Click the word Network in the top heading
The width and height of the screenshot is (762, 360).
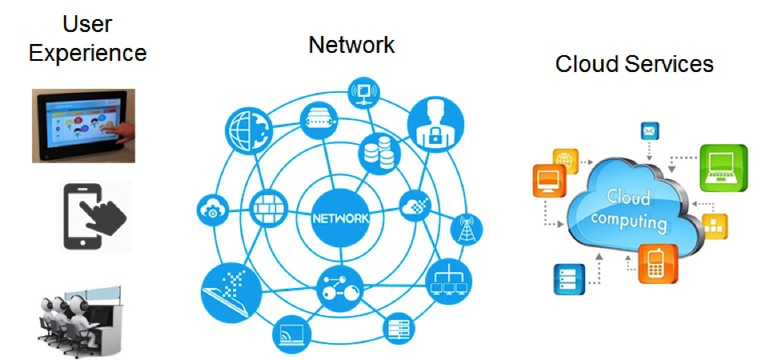pyautogui.click(x=351, y=45)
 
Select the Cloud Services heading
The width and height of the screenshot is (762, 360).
pyautogui.click(x=634, y=63)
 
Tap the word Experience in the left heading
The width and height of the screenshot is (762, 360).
pyautogui.click(x=88, y=54)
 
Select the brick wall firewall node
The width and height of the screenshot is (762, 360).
pyautogui.click(x=264, y=210)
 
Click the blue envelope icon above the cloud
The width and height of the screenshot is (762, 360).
pyautogui.click(x=648, y=130)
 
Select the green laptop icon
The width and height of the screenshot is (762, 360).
pyautogui.click(x=724, y=168)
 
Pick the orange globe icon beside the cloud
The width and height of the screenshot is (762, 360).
pyautogui.click(x=566, y=161)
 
